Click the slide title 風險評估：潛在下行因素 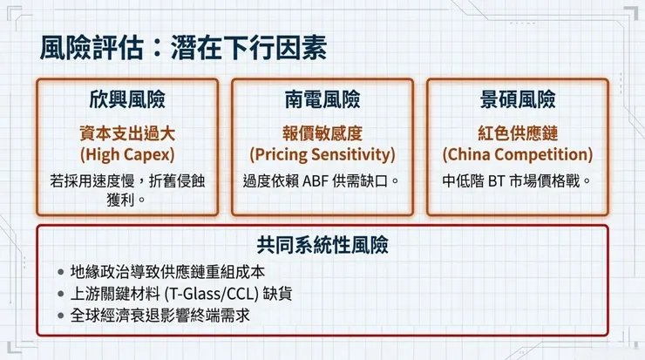click(x=183, y=49)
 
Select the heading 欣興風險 click(x=127, y=100)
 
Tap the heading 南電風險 click(x=322, y=100)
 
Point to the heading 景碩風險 click(x=518, y=100)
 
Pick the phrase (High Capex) click(x=127, y=154)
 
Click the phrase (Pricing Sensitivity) click(x=322, y=154)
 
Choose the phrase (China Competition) click(x=518, y=154)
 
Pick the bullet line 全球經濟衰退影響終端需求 click(x=160, y=315)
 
